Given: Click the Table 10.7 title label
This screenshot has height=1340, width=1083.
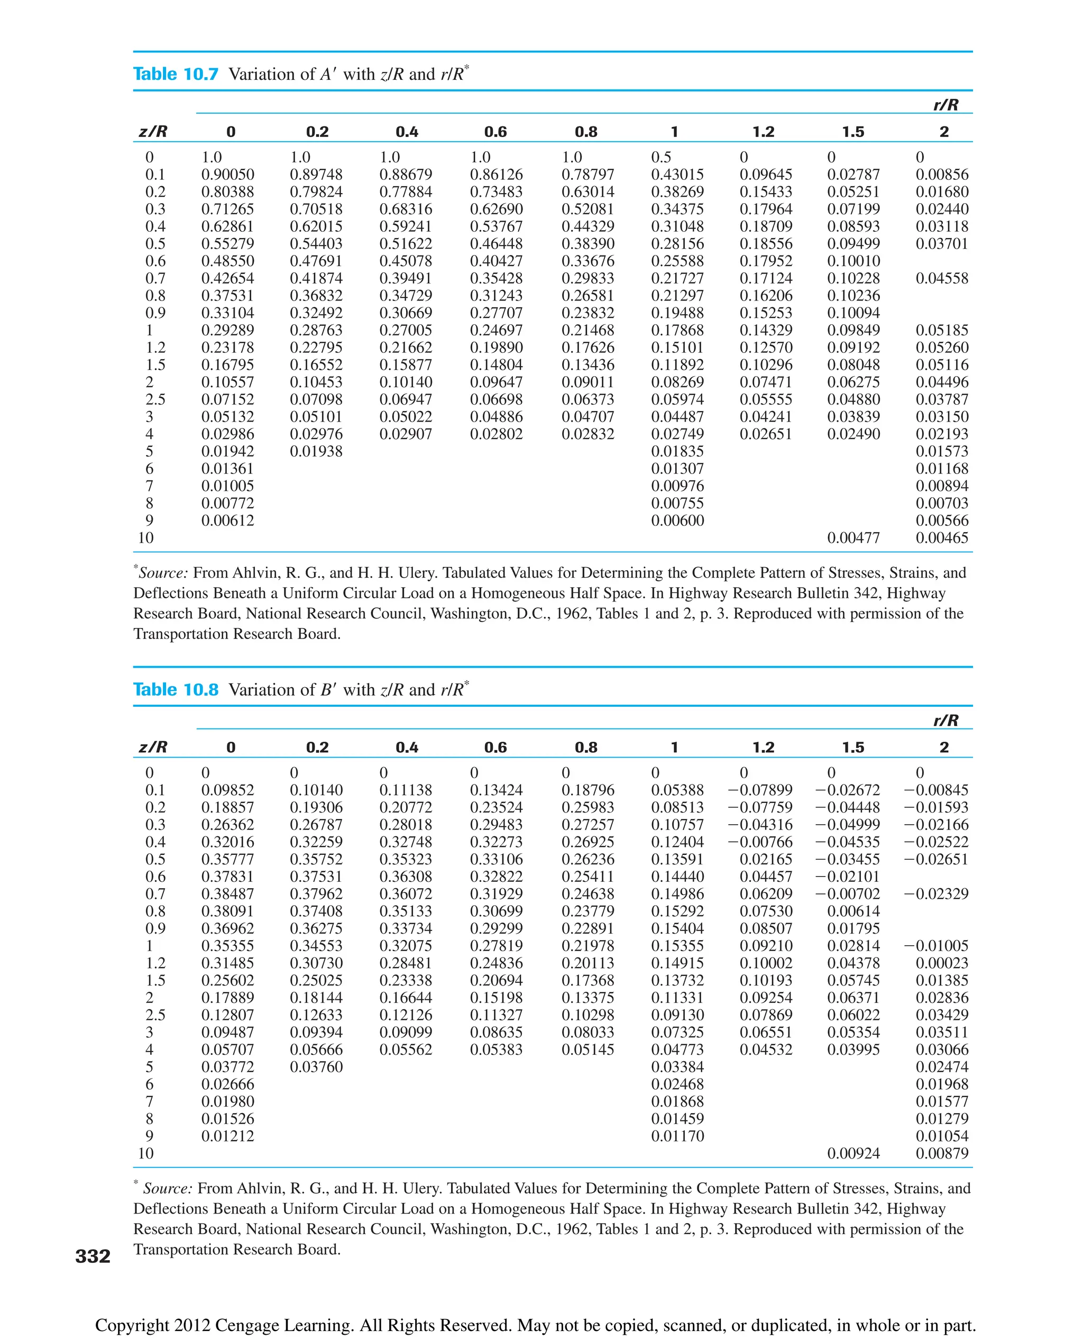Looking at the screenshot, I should point(176,74).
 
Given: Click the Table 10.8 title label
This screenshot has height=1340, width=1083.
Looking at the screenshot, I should point(176,690).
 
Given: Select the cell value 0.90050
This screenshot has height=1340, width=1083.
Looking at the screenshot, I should point(228,175).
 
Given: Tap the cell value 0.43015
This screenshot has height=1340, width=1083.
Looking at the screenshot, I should point(677,175).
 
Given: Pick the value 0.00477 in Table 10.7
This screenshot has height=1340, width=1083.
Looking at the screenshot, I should point(853,538).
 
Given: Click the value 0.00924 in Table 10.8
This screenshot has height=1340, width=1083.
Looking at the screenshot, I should point(853,1153).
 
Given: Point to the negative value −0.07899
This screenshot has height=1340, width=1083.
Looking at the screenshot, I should point(760,790).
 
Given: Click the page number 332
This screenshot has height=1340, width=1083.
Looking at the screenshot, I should point(93,1256).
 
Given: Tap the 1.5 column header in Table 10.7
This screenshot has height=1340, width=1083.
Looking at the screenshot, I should point(853,132).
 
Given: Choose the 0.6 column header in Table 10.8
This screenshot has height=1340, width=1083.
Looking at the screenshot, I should point(495,747).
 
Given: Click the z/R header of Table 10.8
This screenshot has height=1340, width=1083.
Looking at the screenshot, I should point(153,747).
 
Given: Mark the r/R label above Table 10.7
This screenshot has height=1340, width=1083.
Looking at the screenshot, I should point(946,105).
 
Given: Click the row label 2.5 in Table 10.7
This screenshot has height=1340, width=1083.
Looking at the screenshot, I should point(155,399).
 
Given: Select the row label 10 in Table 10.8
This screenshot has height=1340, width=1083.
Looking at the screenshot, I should point(145,1153).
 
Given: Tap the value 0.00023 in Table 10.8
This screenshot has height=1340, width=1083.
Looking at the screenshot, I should point(942,963).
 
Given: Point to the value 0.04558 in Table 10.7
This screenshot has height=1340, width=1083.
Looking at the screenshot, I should point(942,278).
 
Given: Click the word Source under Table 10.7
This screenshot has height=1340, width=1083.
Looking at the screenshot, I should point(162,573).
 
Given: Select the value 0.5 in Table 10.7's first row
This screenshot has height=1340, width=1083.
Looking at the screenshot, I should point(662,157).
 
